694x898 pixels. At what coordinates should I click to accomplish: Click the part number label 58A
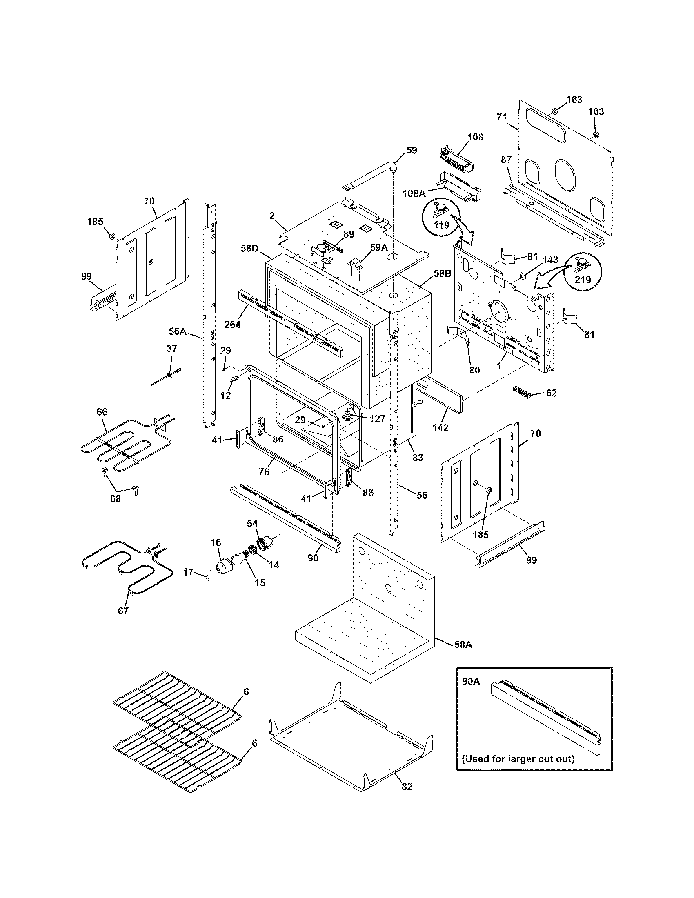pyautogui.click(x=463, y=645)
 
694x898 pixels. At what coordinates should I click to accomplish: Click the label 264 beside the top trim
pyautogui.click(x=232, y=324)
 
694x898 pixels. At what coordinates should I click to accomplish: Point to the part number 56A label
pyautogui.click(x=178, y=331)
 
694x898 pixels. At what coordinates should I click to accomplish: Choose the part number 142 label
pyautogui.click(x=440, y=427)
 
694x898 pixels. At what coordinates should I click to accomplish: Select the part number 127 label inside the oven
pyautogui.click(x=377, y=418)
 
